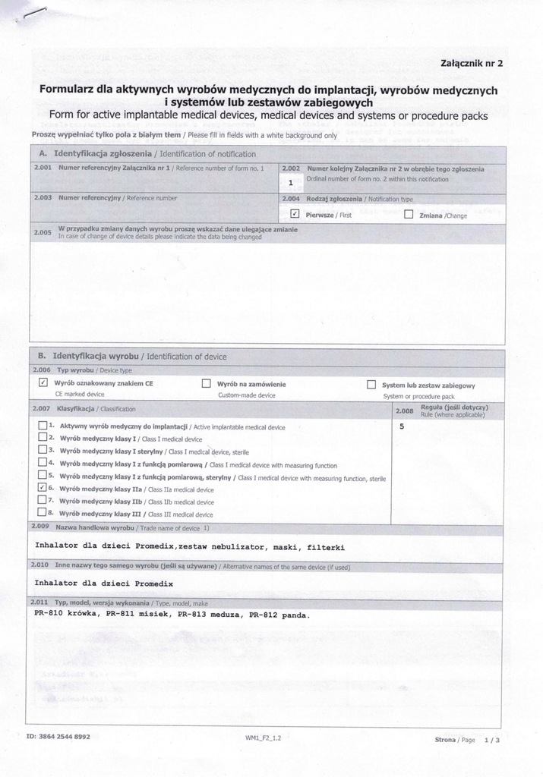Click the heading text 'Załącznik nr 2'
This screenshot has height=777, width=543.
471,64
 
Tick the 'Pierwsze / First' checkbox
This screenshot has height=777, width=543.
295,215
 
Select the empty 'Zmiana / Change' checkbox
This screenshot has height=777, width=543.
408,215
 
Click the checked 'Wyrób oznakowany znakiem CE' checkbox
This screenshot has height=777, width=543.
43,384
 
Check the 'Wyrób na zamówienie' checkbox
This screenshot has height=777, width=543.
206,384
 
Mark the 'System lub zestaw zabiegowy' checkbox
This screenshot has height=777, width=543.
371,385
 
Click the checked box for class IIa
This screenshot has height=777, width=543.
43,489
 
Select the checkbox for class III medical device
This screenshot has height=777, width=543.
43,513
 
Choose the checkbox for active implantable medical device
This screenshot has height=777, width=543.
43,426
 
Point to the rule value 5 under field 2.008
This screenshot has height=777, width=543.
402,426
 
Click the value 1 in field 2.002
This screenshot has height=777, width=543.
291,183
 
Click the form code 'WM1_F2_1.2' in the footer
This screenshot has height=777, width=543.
263,738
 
